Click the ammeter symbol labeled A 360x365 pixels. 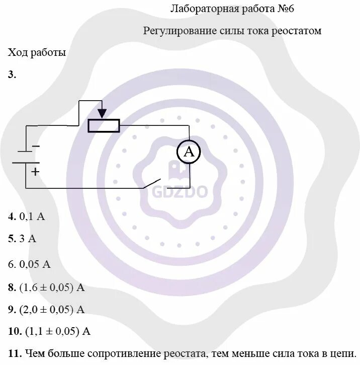(x=189, y=152)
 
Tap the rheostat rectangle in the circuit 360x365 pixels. (x=104, y=125)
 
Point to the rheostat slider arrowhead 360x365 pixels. (x=102, y=114)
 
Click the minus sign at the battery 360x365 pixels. (x=35, y=147)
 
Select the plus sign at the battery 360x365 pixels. (x=35, y=171)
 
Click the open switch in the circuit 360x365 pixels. (x=152, y=183)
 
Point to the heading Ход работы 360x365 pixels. (x=37, y=52)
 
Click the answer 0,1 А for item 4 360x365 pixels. (x=32, y=217)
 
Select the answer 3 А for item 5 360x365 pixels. (x=28, y=239)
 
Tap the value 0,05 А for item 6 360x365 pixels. (x=35, y=264)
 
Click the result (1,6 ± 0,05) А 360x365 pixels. (x=52, y=287)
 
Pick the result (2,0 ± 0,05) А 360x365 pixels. (x=52, y=310)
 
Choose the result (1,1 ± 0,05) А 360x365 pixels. (x=55, y=331)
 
